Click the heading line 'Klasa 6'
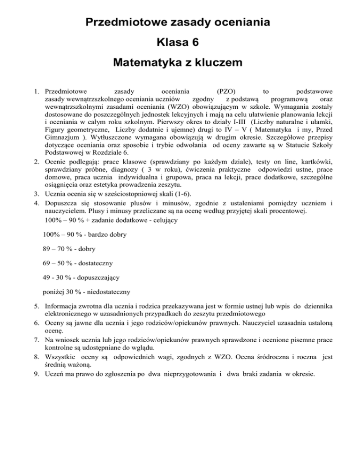[180, 43]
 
